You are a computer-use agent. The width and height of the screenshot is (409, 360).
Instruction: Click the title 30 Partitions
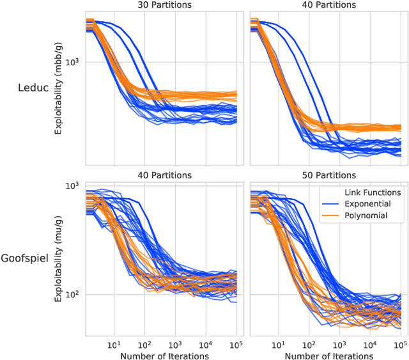(x=161, y=6)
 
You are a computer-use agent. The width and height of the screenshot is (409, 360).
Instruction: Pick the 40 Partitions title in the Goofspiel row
(x=161, y=175)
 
